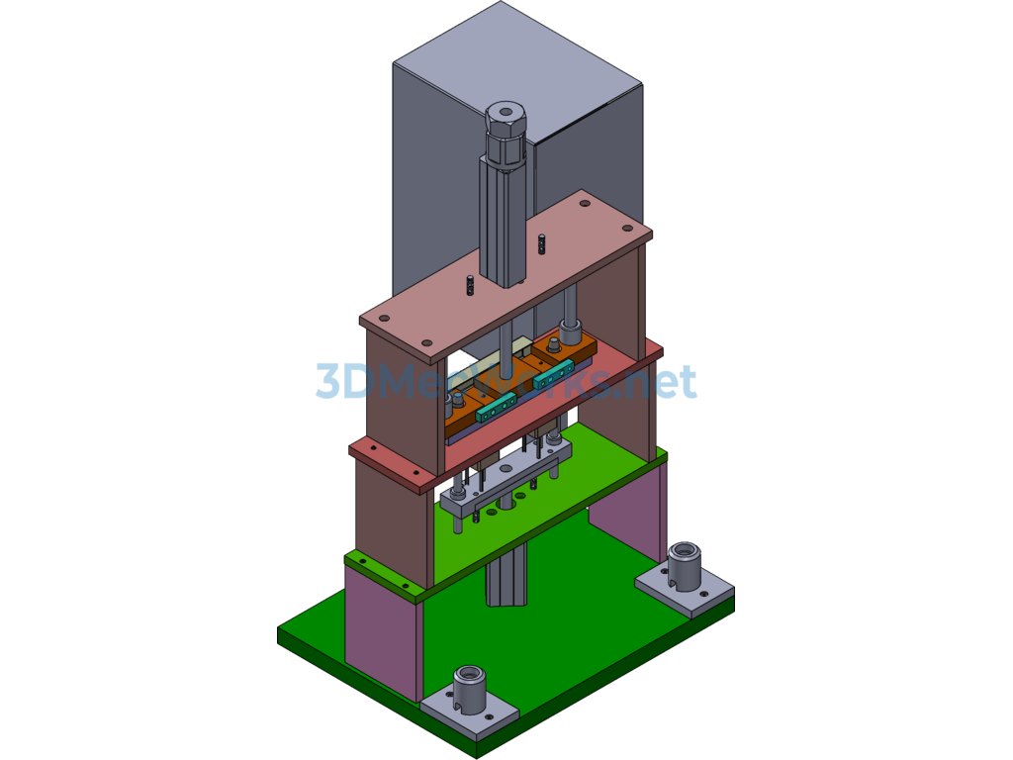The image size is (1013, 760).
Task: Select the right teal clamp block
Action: click(x=550, y=375)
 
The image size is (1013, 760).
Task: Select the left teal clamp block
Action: click(x=496, y=407)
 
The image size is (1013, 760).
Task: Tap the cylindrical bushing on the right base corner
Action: click(x=684, y=564)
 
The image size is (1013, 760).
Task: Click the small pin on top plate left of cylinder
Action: click(x=470, y=285)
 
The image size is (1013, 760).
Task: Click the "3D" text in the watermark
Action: click(x=336, y=382)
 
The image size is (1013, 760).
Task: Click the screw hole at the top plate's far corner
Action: click(x=585, y=204)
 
